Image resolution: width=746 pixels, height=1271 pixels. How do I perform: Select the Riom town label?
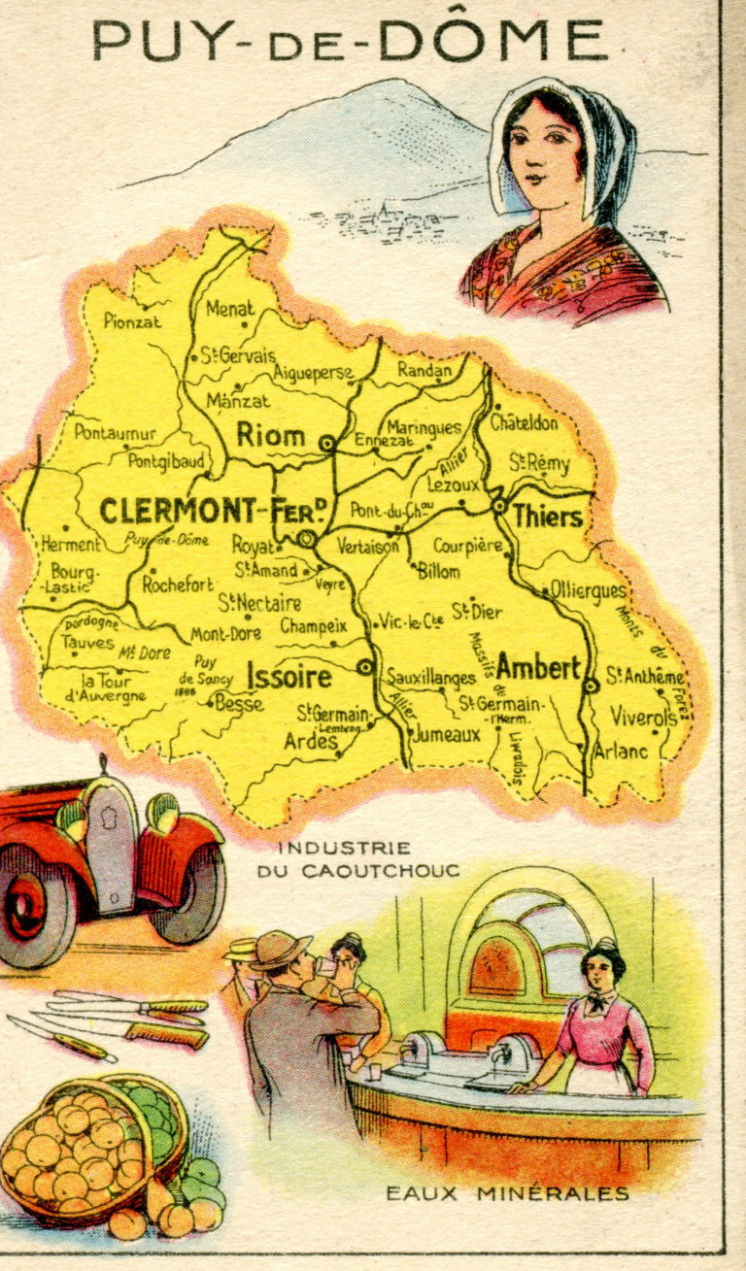click(x=271, y=436)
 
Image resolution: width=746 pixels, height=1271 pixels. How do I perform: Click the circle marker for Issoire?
click(x=366, y=666)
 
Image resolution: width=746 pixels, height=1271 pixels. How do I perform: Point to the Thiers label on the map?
click(x=548, y=517)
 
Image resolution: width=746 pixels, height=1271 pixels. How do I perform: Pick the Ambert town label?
click(x=538, y=668)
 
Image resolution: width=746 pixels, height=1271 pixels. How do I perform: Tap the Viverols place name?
click(x=642, y=718)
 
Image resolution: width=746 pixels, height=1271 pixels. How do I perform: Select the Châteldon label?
click(x=524, y=423)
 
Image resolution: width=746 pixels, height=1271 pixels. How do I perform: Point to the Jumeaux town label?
click(x=447, y=735)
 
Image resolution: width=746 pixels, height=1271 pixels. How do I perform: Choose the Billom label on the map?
click(x=439, y=572)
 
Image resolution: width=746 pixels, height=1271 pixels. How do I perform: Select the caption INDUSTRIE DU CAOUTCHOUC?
click(x=357, y=859)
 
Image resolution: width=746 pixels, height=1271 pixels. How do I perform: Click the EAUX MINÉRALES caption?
click(x=507, y=1193)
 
